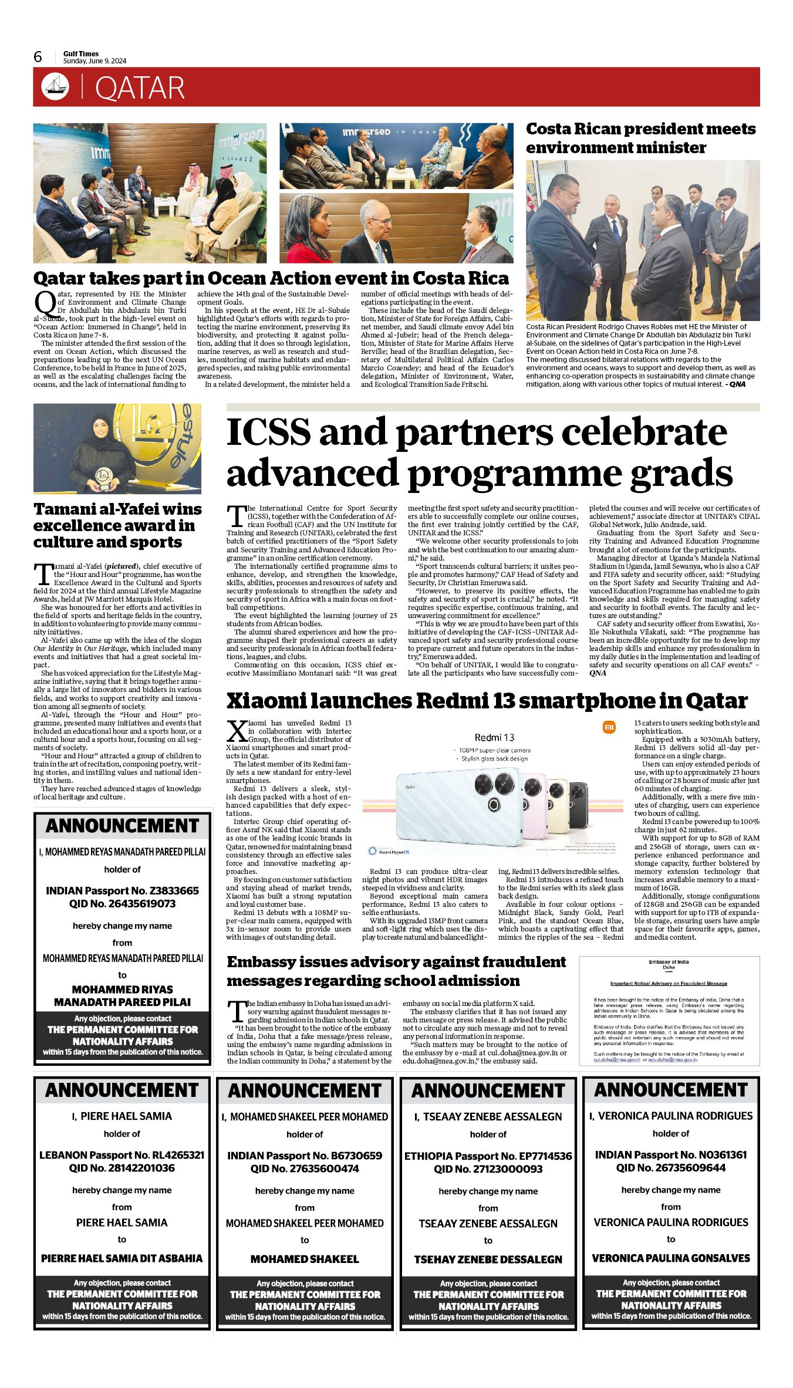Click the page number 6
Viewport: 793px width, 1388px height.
tap(38, 57)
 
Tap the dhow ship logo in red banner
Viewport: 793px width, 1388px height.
tap(55, 87)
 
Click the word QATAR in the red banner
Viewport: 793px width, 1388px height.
tap(140, 88)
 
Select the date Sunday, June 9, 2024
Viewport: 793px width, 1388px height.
tap(95, 61)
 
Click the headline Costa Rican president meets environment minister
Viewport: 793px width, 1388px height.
tap(640, 138)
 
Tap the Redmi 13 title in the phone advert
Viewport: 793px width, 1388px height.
tap(494, 738)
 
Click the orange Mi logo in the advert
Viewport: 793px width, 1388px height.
tap(609, 728)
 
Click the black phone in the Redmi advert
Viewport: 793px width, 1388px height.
tap(578, 806)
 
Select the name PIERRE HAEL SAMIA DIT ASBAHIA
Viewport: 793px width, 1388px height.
tap(122, 1258)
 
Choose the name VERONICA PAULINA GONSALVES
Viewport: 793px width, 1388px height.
tap(670, 1258)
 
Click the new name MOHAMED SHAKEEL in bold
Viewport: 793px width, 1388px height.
tap(305, 1259)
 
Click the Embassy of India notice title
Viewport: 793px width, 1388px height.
tap(669, 962)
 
